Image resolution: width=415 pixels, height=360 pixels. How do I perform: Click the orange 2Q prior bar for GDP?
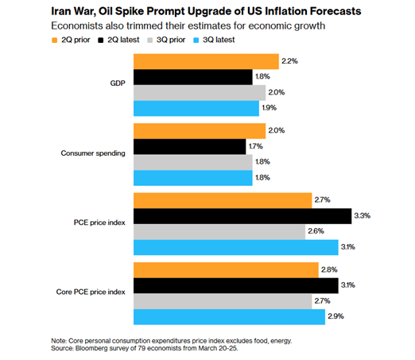[x=206, y=62]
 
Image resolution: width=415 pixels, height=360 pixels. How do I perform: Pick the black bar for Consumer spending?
[x=189, y=146]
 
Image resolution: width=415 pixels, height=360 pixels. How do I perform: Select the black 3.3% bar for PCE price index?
[x=242, y=215]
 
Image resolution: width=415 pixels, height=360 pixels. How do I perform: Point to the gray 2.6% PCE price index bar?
[x=219, y=231]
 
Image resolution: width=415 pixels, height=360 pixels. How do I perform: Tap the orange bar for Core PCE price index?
[x=226, y=269]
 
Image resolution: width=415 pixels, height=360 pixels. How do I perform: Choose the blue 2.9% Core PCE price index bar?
[x=229, y=317]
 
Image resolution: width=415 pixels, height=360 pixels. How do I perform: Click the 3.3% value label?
[x=363, y=215]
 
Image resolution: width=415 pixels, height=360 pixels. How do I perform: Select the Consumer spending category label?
[x=93, y=153]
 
